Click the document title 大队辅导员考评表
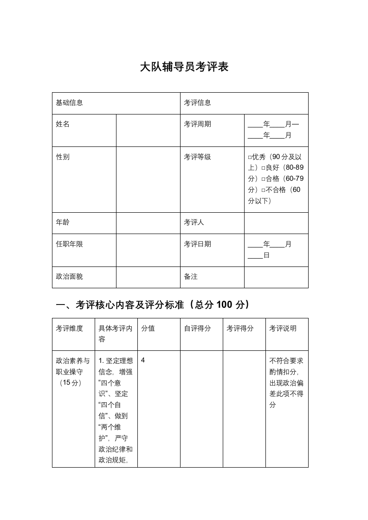click(184, 67)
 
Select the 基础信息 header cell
click(70, 103)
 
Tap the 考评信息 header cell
click(197, 103)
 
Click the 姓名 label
click(63, 124)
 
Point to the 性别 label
click(63, 157)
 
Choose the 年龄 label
click(63, 222)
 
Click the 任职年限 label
click(70, 244)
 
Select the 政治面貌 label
click(70, 277)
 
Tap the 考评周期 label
click(197, 124)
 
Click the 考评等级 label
click(197, 157)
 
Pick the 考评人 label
click(194, 222)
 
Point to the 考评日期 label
click(197, 244)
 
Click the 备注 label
click(191, 277)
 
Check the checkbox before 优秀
click(250, 157)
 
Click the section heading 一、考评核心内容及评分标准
click(153, 304)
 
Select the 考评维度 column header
click(70, 329)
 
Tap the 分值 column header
click(148, 329)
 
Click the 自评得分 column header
click(197, 329)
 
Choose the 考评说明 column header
click(283, 329)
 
